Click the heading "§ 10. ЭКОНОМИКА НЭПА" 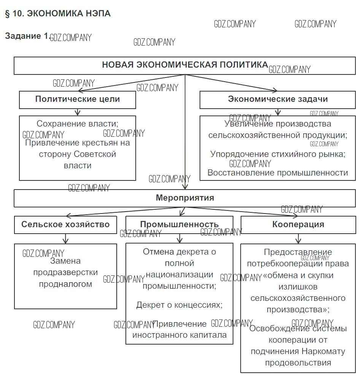[x=57, y=14]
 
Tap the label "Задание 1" [x=27, y=36]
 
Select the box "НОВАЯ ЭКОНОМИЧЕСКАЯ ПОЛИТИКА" [x=185, y=65]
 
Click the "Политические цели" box [x=78, y=100]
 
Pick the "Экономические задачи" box [x=278, y=100]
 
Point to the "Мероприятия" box [x=185, y=198]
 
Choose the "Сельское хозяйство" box [x=65, y=224]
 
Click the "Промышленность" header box [x=179, y=224]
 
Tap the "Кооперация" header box [x=298, y=224]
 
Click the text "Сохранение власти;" [x=78, y=124]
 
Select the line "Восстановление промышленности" [x=278, y=173]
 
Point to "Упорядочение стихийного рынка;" [x=278, y=154]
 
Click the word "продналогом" [x=65, y=284]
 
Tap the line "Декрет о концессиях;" [x=179, y=305]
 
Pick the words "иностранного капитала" [x=179, y=335]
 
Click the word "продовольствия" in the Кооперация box [x=298, y=362]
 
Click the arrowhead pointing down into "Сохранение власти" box [x=78, y=113]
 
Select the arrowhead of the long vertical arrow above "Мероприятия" [x=185, y=187]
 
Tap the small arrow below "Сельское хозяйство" [x=65, y=240]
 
